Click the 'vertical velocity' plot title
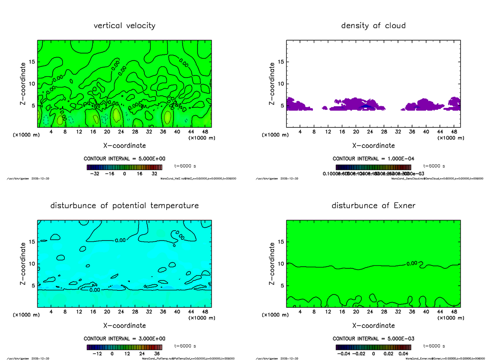(x=124, y=26)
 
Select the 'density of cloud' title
(x=373, y=26)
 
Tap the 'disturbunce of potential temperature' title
(x=124, y=206)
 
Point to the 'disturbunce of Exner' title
(x=373, y=206)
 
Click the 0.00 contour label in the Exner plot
(x=412, y=263)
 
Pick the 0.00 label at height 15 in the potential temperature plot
(x=120, y=240)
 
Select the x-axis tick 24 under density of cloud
(x=369, y=132)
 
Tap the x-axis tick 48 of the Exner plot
(x=454, y=312)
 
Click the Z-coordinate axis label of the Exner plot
(x=272, y=264)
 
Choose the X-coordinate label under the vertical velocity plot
(x=124, y=146)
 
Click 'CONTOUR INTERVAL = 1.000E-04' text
(x=373, y=159)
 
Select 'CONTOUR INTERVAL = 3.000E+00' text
(x=124, y=338)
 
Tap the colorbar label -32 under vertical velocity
(x=95, y=174)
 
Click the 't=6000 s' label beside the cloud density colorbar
(x=434, y=166)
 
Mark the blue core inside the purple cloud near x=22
(x=365, y=106)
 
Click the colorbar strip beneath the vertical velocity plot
(x=124, y=168)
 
